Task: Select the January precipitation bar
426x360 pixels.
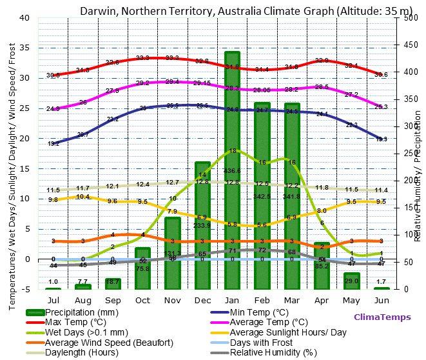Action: tap(232, 168)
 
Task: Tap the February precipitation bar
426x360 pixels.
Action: tap(262, 194)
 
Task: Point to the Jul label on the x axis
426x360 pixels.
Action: tap(53, 300)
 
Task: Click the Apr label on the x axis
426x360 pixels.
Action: tap(322, 300)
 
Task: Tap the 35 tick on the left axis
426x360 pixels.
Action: tap(24, 48)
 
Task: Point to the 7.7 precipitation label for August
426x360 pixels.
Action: tap(82, 282)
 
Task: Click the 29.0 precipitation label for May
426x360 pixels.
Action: tap(351, 282)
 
